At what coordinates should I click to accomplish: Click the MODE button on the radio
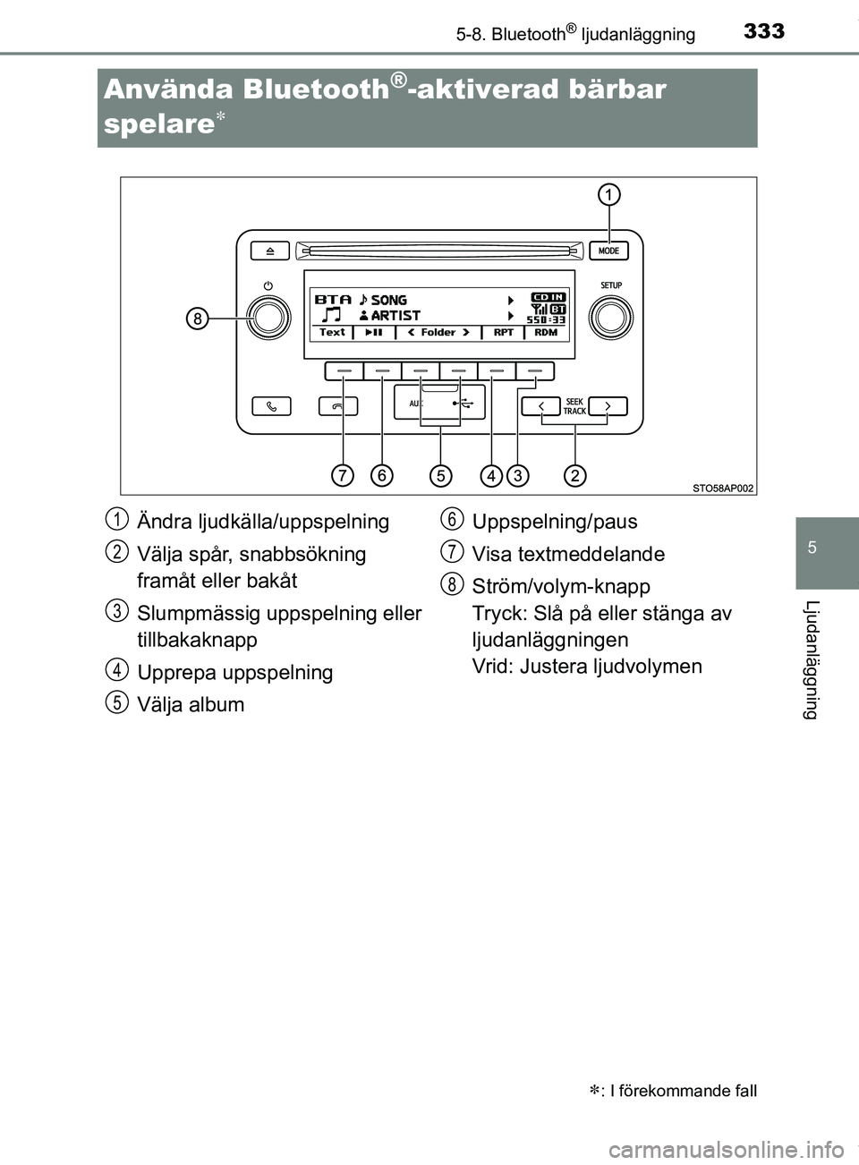pyautogui.click(x=608, y=251)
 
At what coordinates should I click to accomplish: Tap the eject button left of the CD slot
pyautogui.click(x=269, y=251)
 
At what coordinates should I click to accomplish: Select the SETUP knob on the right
pyautogui.click(x=610, y=316)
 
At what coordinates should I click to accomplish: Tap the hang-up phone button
pyautogui.click(x=338, y=406)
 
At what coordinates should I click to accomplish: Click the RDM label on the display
pyautogui.click(x=546, y=332)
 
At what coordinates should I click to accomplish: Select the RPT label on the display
pyautogui.click(x=504, y=332)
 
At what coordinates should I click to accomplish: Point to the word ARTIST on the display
pyautogui.click(x=395, y=315)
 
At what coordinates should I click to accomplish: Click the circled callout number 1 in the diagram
pyautogui.click(x=609, y=194)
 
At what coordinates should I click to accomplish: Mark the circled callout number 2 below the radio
pyautogui.click(x=574, y=475)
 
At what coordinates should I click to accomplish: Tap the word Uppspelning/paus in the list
pyautogui.click(x=554, y=522)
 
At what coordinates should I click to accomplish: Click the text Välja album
pyautogui.click(x=191, y=704)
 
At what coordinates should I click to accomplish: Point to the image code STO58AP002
pyautogui.click(x=723, y=488)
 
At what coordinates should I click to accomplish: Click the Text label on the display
pyautogui.click(x=332, y=332)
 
